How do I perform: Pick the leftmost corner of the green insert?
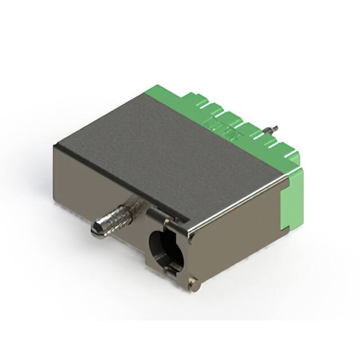[147, 90]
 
